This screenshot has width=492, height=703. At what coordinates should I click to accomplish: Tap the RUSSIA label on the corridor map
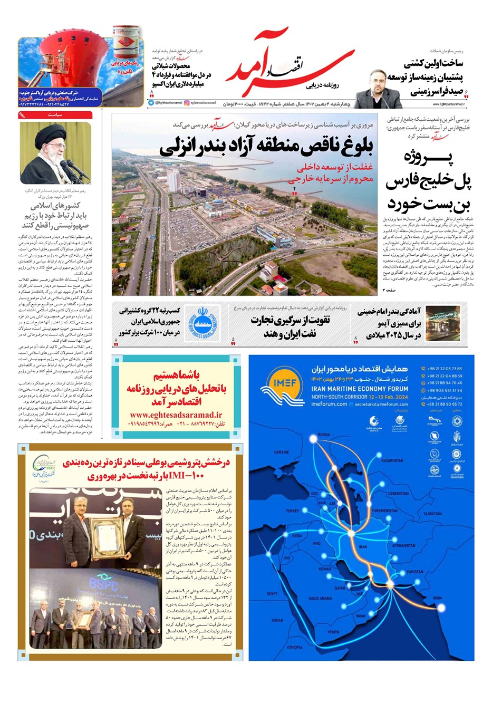[324, 435]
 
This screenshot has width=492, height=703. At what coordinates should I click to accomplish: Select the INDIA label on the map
[438, 598]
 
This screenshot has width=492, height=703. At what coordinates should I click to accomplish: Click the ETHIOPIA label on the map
[295, 647]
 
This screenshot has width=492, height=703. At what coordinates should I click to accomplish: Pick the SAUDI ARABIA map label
[320, 599]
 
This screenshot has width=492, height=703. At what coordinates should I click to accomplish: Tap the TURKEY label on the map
[292, 511]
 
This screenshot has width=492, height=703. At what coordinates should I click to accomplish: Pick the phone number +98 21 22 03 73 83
[445, 369]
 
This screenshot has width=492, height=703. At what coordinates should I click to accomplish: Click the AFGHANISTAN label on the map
[404, 545]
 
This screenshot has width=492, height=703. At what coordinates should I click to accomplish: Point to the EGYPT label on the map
[272, 593]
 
